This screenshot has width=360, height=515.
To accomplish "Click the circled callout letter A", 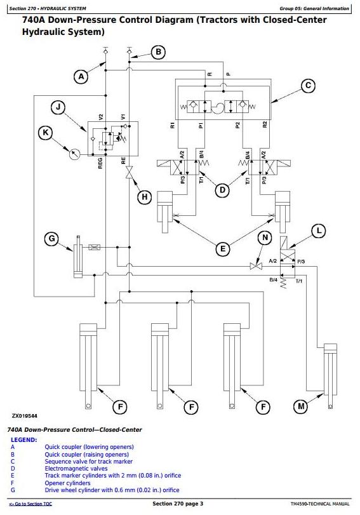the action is (x=81, y=77).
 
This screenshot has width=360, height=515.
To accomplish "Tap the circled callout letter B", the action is (x=159, y=52).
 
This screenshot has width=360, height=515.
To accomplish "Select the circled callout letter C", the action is (x=308, y=86).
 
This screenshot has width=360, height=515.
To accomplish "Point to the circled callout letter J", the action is (x=58, y=107).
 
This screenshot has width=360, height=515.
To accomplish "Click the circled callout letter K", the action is (x=46, y=133).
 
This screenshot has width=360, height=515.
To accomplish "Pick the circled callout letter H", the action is (x=144, y=197).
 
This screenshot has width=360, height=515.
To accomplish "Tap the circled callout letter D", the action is (x=222, y=190).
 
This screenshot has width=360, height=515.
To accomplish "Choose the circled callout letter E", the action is (x=223, y=249).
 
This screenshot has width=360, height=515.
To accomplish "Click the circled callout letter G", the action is (x=52, y=239).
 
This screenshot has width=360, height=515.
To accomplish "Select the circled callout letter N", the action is (x=265, y=237).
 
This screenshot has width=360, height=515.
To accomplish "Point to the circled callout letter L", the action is (x=319, y=231).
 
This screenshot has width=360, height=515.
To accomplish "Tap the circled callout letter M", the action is (x=301, y=406).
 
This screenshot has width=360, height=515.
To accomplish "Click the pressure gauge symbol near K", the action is (x=75, y=154).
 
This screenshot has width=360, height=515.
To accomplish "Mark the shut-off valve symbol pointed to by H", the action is (x=130, y=173).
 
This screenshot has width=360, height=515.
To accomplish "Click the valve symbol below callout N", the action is (x=255, y=266).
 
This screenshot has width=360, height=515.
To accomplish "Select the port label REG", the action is (x=100, y=163).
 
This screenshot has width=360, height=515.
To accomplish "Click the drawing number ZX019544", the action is (x=25, y=416).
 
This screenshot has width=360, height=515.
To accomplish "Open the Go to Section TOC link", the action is (x=30, y=504).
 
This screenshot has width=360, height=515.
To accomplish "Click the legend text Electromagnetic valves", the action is (x=76, y=469).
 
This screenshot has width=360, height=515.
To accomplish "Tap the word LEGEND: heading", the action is (x=24, y=440).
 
